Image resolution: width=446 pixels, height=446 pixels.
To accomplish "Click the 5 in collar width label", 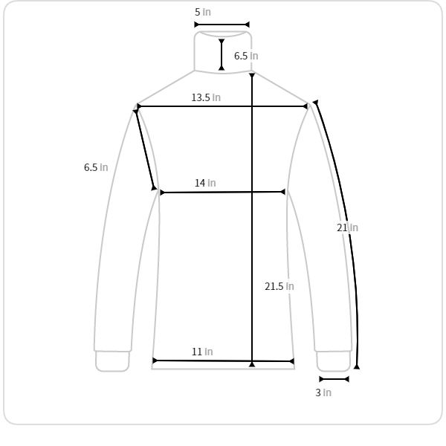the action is (203, 12).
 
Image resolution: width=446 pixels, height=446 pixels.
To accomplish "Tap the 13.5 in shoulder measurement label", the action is (206, 97).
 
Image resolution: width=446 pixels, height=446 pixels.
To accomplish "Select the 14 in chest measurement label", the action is (205, 183).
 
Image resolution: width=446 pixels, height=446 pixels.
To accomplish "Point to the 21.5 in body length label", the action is (279, 286).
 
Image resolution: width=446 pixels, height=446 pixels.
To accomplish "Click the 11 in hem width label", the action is (202, 352).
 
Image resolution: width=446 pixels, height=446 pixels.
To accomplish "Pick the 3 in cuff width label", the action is (323, 392).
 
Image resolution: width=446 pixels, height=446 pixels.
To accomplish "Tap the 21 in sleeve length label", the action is (347, 228).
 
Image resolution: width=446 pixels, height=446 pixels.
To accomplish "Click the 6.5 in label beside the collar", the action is (246, 56).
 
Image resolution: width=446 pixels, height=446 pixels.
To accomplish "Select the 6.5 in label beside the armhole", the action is (96, 167).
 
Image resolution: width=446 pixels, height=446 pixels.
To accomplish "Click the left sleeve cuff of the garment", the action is (112, 361).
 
